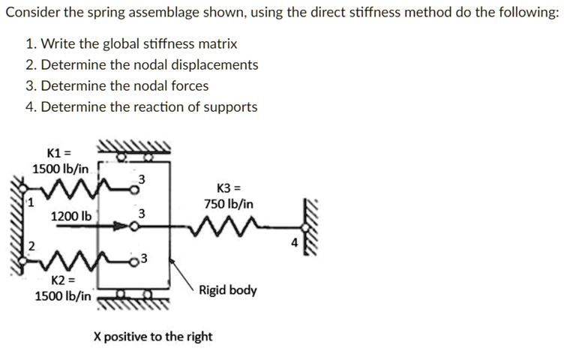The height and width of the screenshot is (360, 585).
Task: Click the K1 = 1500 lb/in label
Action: (59, 160)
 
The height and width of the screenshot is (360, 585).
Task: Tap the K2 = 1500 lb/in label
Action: (63, 288)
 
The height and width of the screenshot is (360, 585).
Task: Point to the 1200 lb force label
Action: (71, 217)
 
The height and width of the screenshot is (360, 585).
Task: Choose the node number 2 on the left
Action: (31, 245)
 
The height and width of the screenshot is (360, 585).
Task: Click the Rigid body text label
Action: (227, 289)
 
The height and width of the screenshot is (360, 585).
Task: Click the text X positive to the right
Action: (152, 337)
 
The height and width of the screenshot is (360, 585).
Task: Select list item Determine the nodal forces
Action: (124, 85)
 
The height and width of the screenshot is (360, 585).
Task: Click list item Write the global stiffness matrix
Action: (139, 44)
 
